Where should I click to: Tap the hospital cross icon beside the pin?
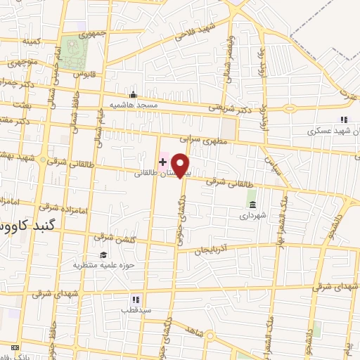(163, 162)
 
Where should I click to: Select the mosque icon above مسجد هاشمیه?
(133, 95)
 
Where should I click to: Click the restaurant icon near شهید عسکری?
(344, 120)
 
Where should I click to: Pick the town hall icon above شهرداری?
(251, 205)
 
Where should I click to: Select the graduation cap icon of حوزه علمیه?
(104, 255)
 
